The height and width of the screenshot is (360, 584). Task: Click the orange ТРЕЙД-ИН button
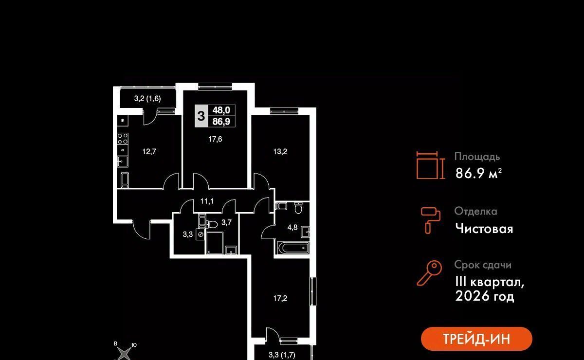476,339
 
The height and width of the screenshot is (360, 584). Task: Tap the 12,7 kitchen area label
149,151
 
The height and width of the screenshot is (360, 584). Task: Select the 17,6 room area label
215,139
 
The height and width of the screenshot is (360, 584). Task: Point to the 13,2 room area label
280,151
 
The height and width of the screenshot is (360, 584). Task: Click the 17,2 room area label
280,298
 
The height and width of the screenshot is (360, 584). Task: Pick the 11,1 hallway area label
207,201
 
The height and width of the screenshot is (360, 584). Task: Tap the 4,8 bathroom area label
292,228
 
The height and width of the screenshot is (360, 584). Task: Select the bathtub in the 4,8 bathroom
293,248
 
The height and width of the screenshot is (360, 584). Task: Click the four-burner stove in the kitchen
123,139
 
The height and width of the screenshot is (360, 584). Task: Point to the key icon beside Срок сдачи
429,273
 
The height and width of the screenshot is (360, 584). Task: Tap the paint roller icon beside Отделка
430,220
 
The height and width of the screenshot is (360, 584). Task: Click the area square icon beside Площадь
430,165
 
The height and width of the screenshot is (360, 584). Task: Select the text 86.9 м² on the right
478,173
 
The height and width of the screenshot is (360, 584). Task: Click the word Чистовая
484,228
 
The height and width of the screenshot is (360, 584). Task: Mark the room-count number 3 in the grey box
201,116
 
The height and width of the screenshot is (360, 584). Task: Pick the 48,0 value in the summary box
221,110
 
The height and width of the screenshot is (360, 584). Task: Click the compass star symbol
124,354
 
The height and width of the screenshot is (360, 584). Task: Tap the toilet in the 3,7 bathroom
212,224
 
